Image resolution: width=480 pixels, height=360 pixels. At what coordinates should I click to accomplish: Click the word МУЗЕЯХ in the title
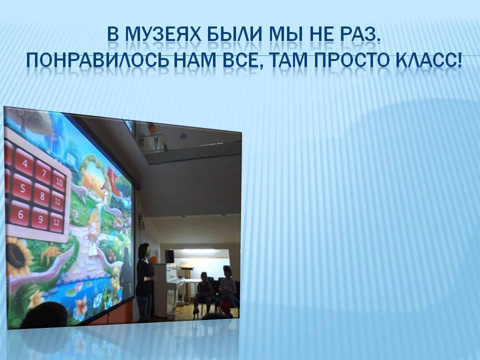coord(163,34)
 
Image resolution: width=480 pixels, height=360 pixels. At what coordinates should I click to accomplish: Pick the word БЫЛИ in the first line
coord(235,34)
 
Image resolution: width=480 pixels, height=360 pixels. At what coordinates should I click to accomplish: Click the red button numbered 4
coord(24,162)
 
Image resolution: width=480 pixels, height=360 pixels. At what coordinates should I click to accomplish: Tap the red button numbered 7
coord(43,172)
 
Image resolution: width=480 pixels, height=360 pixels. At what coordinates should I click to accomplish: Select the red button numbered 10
coord(59,181)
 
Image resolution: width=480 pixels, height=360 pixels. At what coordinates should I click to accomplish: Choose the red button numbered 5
coord(22,187)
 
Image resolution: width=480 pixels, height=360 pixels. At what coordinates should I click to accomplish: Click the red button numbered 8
coord(42,195)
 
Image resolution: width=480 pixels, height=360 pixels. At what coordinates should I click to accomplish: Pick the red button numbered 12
coord(56,221)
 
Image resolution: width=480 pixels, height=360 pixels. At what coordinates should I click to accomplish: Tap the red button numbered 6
coord(20,213)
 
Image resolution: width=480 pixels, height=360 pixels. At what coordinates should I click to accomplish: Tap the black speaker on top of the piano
coord(169,256)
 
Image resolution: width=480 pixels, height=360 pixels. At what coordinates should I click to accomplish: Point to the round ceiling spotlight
coord(183,136)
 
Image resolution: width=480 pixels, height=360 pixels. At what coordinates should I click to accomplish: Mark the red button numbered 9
coord(40,218)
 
